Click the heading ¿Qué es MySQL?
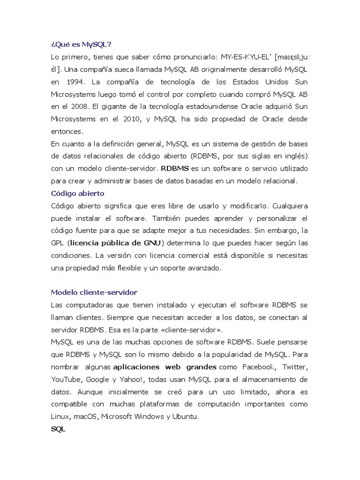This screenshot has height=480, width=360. (81, 45)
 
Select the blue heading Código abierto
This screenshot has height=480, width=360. (77, 193)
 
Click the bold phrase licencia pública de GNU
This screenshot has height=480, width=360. (115, 243)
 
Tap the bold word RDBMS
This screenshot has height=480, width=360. (174, 168)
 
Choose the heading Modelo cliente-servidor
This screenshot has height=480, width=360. (94, 292)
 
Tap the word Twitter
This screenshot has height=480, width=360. (295, 367)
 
